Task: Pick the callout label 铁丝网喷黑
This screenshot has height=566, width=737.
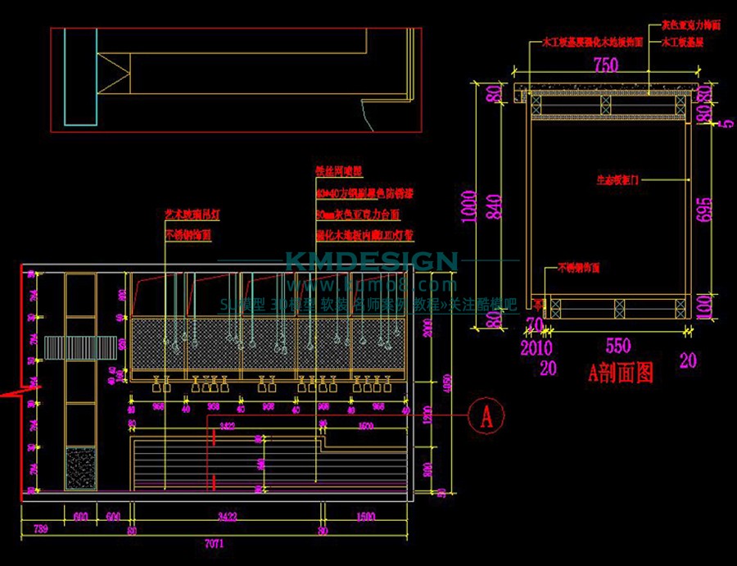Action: click(338, 171)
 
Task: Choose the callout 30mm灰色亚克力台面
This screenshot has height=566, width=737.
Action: click(358, 215)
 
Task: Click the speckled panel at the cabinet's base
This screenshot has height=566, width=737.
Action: click(80, 468)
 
